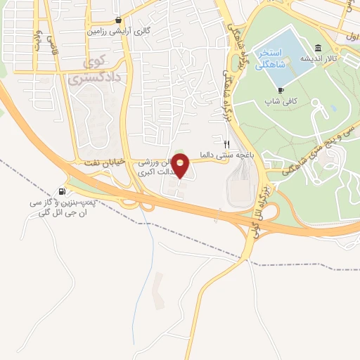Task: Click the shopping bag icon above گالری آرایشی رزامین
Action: coord(119,20)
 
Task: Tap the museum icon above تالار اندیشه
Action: coord(319,48)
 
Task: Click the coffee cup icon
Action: coord(281,90)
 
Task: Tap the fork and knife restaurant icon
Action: coord(226,141)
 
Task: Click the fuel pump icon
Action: coord(64,191)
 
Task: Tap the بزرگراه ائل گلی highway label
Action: coord(262,208)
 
